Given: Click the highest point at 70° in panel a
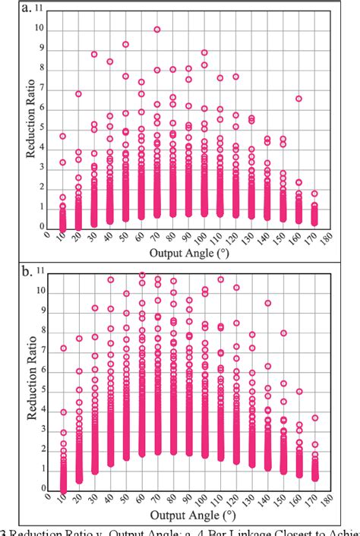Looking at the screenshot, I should pyautogui.click(x=156, y=30).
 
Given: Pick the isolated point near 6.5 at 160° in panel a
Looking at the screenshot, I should pyautogui.click(x=298, y=99).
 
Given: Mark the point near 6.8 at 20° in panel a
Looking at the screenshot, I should pyautogui.click(x=78, y=94).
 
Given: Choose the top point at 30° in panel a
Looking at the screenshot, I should pyautogui.click(x=94, y=55).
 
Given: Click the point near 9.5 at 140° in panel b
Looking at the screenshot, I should pyautogui.click(x=267, y=303).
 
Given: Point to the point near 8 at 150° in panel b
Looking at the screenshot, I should pyautogui.click(x=283, y=333).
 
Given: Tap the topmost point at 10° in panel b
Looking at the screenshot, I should pyautogui.click(x=63, y=348).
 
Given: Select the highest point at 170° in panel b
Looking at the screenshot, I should pyautogui.click(x=314, y=418).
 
